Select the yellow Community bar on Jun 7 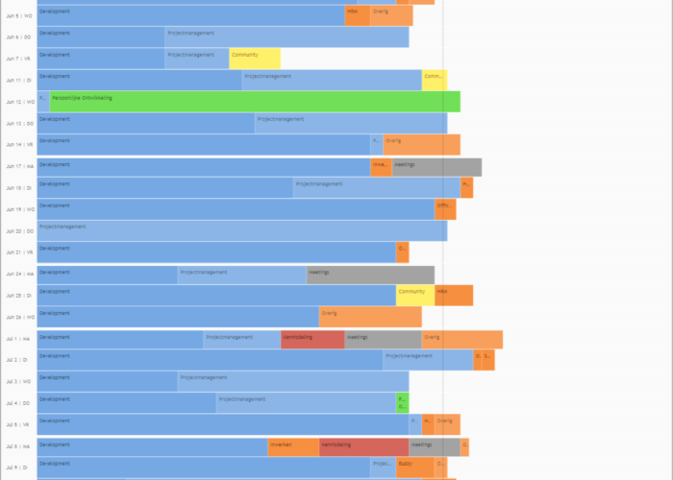[x=255, y=59]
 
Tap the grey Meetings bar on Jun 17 [x=436, y=167]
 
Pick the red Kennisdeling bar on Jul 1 [x=312, y=339]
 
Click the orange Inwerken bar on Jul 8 [x=293, y=447]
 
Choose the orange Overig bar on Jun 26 [x=370, y=317]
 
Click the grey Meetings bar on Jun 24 [x=370, y=275]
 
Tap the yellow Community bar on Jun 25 [x=415, y=296]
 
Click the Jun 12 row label [x=19, y=102]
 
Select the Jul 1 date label [x=18, y=339]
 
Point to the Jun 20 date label [x=19, y=231]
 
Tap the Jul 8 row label [x=18, y=447]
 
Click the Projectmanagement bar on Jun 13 [x=351, y=123]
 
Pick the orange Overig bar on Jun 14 [x=421, y=145]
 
